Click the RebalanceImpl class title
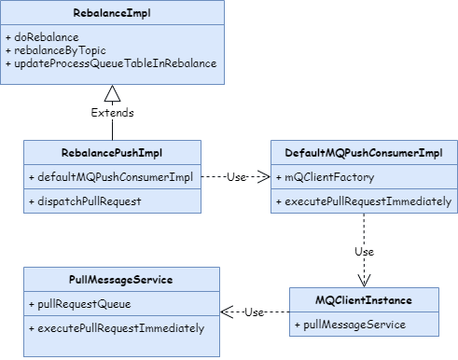pyautogui.click(x=112, y=13)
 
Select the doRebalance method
pyautogui.click(x=42, y=37)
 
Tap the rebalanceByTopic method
pyautogui.click(x=56, y=50)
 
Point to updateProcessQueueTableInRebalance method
pyautogui.click(x=111, y=63)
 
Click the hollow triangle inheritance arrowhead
pyautogui.click(x=112, y=93)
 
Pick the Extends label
pyautogui.click(x=112, y=113)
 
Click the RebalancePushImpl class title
pyautogui.click(x=112, y=153)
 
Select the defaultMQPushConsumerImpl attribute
pyautogui.click(x=111, y=177)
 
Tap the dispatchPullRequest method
pyautogui.click(x=85, y=201)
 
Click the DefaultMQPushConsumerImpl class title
pyautogui.click(x=364, y=153)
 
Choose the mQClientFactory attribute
pyautogui.click(x=326, y=177)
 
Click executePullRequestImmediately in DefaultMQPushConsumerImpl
pyautogui.click(x=364, y=201)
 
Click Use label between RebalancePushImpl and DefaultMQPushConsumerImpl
pyautogui.click(x=236, y=177)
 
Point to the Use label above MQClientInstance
pyautogui.click(x=364, y=252)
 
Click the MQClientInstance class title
pyautogui.click(x=364, y=300)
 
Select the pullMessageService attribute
pyautogui.click(x=350, y=325)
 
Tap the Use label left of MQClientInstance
pyautogui.click(x=254, y=312)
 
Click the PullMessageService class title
pyautogui.click(x=121, y=280)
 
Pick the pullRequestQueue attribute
pyautogui.click(x=80, y=304)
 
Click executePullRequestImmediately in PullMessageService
pyautogui.click(x=117, y=328)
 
